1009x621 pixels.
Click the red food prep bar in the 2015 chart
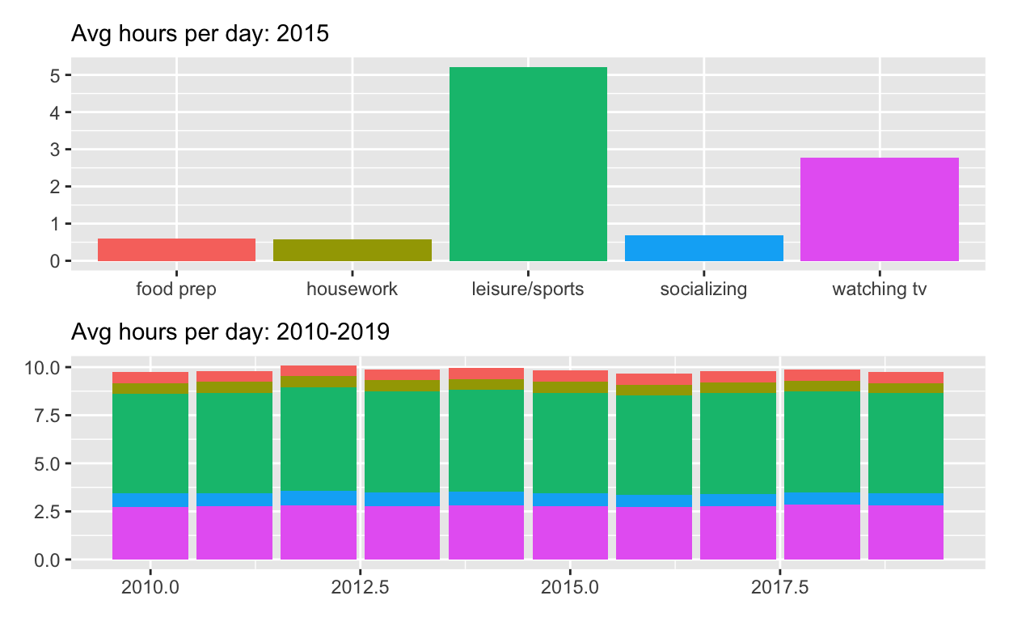[x=176, y=250]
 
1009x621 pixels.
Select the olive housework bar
[x=352, y=250]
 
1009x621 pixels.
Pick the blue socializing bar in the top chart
[x=703, y=248]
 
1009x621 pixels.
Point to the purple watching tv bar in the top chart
[x=879, y=209]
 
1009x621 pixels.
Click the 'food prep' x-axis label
[x=176, y=289]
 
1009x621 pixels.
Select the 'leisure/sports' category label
[x=527, y=289]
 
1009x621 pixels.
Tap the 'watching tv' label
[x=879, y=289]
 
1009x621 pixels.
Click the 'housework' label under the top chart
[x=352, y=289]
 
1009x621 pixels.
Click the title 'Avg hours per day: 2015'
[x=200, y=35]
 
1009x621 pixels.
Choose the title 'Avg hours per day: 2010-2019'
[x=230, y=332]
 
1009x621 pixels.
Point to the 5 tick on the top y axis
[x=54, y=75]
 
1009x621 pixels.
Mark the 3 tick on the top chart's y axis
[x=54, y=150]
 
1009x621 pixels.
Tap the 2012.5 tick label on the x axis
[x=360, y=586]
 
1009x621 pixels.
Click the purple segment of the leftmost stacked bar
[x=150, y=534]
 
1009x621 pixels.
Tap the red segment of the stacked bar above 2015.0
[x=570, y=376]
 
